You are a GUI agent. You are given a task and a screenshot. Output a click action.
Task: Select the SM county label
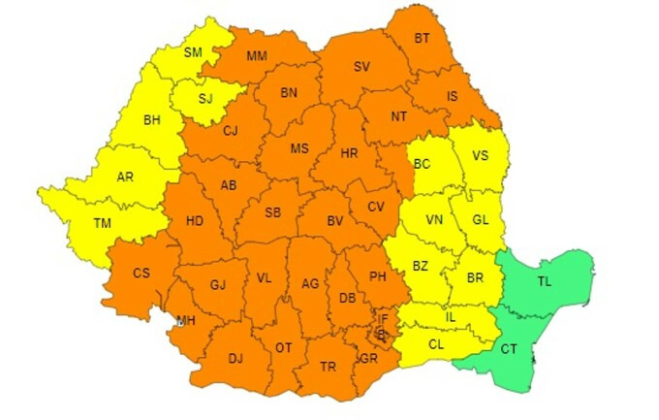pos(193,52)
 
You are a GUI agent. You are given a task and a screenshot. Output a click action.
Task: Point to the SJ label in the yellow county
pos(205,97)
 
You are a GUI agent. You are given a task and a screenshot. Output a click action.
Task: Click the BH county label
pos(152,121)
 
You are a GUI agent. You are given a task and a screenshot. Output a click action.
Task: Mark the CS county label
pos(141,274)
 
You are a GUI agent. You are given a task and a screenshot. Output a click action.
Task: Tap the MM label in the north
pos(256,56)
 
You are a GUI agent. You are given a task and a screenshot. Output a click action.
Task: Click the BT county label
pos(422,39)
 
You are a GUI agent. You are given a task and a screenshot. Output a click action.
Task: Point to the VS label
pos(479,154)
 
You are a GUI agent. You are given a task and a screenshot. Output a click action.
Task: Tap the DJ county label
pos(235,358)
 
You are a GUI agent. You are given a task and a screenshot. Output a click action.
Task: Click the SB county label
pos(273,212)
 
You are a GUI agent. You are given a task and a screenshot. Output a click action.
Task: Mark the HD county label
pos(194,221)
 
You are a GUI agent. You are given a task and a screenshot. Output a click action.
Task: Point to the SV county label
pos(361,67)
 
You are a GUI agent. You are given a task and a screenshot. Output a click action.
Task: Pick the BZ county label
pos(420,265)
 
